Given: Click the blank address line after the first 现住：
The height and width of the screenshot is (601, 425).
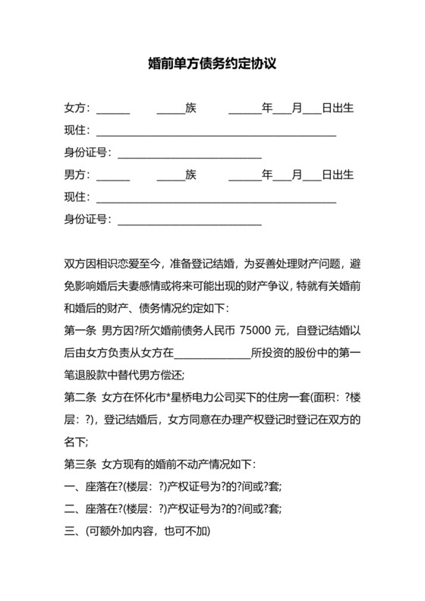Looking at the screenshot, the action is [x=216, y=134].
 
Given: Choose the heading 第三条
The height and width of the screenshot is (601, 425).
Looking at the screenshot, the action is [x=80, y=464].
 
